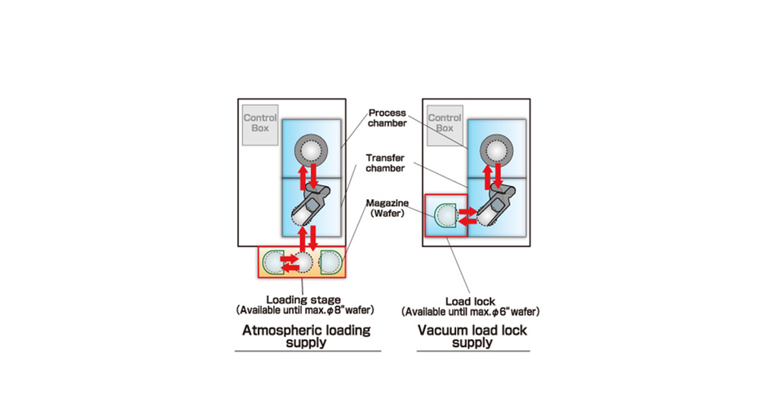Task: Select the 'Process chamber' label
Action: [387, 118]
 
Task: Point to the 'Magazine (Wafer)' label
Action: [387, 208]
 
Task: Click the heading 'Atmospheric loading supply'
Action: [307, 336]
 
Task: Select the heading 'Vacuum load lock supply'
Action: [472, 336]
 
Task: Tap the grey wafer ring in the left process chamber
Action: [309, 149]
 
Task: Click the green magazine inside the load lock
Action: [445, 215]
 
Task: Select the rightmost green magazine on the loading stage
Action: [330, 262]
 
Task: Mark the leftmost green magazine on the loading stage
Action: [273, 262]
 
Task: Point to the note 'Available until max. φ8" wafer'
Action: [303, 311]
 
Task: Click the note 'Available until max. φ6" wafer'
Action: [471, 312]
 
